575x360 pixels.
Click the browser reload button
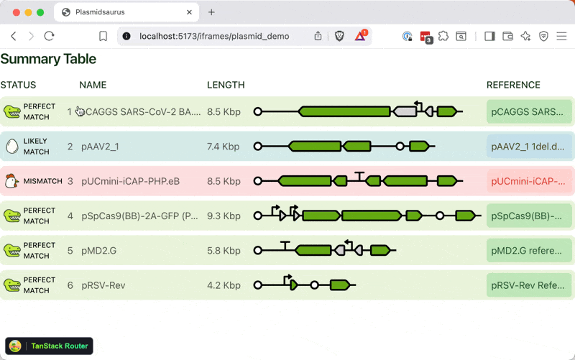(x=49, y=36)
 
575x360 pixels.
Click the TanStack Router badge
(x=50, y=346)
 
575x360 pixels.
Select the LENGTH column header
(x=226, y=85)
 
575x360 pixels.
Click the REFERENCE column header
(x=513, y=85)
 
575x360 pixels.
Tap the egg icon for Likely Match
(x=11, y=147)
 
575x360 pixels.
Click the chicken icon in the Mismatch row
(x=11, y=181)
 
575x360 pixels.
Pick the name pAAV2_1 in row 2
(x=100, y=147)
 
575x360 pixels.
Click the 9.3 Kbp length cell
(x=224, y=216)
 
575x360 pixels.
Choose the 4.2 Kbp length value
(x=224, y=285)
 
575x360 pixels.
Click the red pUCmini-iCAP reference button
(x=529, y=181)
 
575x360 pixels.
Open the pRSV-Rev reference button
(x=529, y=285)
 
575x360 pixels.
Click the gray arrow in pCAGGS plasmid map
(x=405, y=111)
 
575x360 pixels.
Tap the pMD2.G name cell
(x=98, y=251)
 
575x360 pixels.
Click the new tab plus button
(x=211, y=12)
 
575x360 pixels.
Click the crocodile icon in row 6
(x=11, y=285)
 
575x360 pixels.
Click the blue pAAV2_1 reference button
(x=529, y=147)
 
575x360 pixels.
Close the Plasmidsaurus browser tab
(x=190, y=12)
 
